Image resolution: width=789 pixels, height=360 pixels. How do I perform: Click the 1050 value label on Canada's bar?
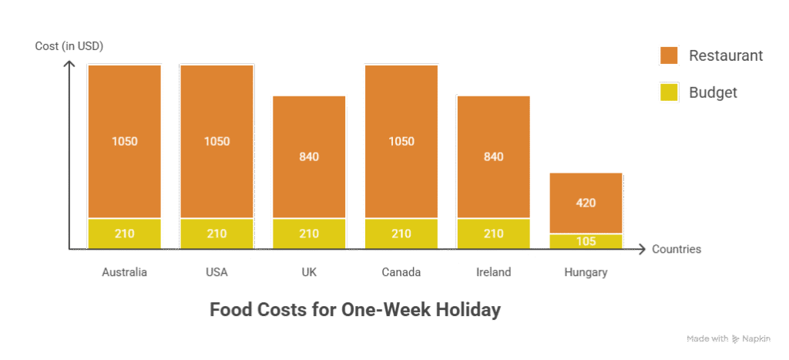(x=401, y=141)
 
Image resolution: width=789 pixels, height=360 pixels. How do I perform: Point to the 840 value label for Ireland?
(x=493, y=156)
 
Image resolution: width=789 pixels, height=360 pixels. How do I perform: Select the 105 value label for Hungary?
(x=586, y=241)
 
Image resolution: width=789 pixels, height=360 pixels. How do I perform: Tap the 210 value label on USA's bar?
(x=217, y=234)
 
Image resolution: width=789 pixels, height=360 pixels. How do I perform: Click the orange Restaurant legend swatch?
(x=668, y=56)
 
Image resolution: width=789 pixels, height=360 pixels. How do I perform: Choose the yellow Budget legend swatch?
(x=668, y=93)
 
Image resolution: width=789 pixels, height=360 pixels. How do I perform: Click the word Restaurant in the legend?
(x=725, y=56)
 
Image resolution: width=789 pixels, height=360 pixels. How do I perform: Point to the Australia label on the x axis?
(x=124, y=273)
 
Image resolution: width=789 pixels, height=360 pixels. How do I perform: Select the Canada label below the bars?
(x=401, y=273)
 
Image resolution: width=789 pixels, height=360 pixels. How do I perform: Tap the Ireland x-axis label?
(x=493, y=273)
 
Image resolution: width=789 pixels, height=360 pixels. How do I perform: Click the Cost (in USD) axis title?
(x=69, y=46)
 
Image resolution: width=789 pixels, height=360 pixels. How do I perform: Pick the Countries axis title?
(x=677, y=250)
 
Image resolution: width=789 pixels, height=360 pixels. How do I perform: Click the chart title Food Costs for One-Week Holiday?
(x=355, y=311)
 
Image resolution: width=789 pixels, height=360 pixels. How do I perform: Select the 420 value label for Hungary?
(x=586, y=204)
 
